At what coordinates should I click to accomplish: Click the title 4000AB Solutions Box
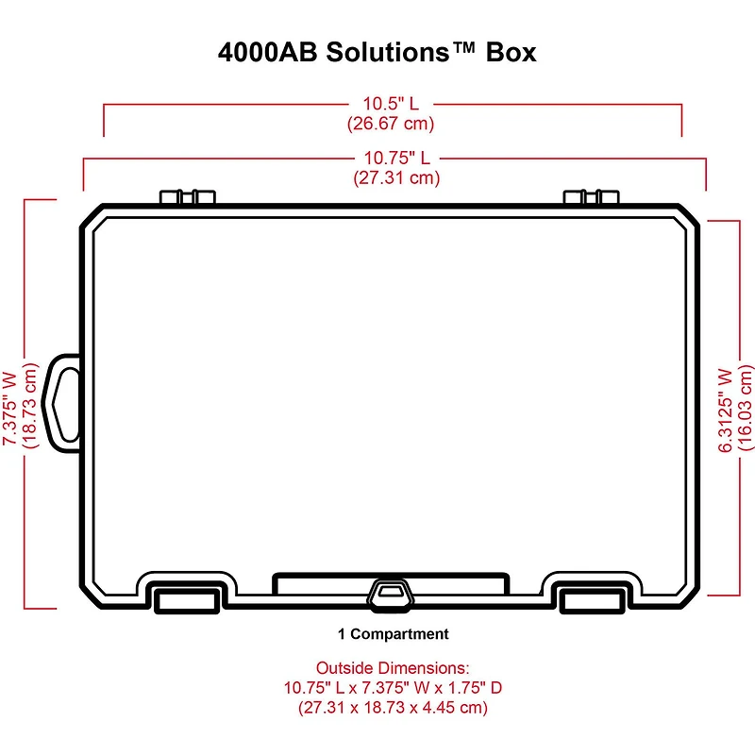tap(377, 52)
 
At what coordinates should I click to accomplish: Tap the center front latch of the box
tap(391, 592)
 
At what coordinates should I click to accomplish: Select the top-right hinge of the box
tap(593, 197)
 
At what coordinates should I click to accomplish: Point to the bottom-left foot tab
tap(187, 599)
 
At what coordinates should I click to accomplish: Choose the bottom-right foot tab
tap(591, 599)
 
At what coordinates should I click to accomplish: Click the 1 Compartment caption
tap(393, 634)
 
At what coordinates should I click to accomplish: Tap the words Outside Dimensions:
tap(393, 667)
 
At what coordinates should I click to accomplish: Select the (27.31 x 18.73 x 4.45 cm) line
tap(393, 707)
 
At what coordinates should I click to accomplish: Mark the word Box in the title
tap(511, 52)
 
